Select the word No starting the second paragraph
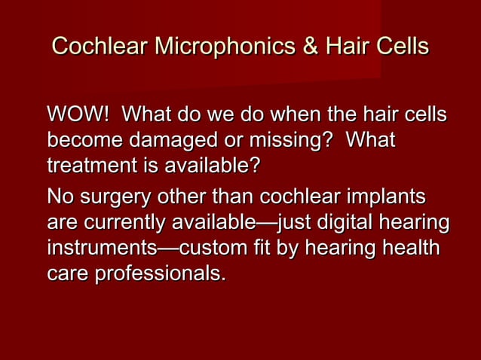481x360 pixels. click(x=60, y=200)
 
